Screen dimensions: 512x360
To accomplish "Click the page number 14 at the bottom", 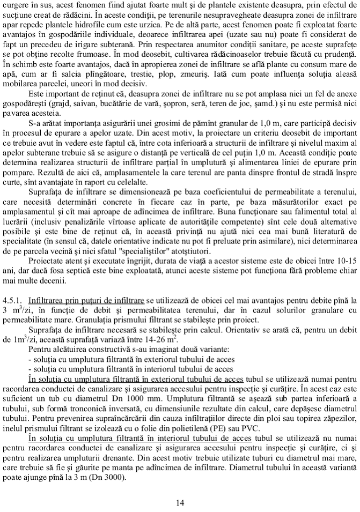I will tap(180, 502).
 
